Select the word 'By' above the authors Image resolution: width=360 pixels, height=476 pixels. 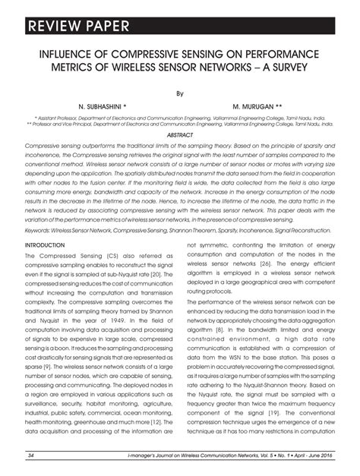[180, 94]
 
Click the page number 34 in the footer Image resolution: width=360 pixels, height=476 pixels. [32, 456]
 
